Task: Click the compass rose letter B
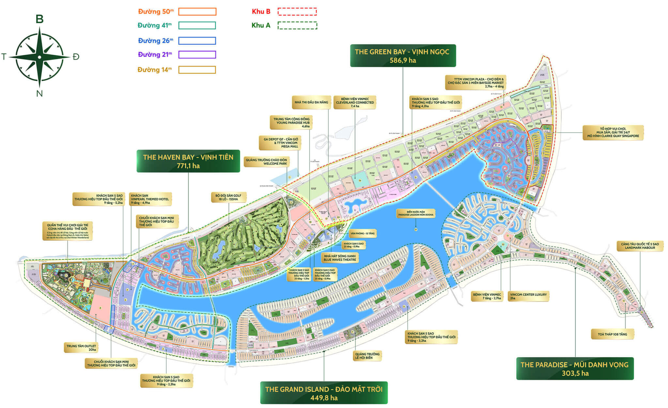[x=39, y=19]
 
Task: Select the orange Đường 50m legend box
[x=197, y=12]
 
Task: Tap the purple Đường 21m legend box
[x=197, y=54]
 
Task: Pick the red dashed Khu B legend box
[x=297, y=12]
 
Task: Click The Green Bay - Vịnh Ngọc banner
[x=402, y=56]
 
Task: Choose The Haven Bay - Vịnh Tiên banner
[x=188, y=161]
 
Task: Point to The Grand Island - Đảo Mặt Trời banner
[x=324, y=393]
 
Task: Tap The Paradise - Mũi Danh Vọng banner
[x=574, y=369]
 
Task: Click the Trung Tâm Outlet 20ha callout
[x=81, y=348]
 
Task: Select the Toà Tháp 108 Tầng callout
[x=612, y=334]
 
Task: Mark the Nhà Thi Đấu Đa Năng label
[x=311, y=102]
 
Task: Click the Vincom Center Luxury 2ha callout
[x=528, y=296]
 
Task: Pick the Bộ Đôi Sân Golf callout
[x=228, y=197]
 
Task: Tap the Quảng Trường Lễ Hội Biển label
[x=367, y=356]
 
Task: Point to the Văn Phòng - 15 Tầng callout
[x=362, y=234]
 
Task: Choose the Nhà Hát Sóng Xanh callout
[x=340, y=258]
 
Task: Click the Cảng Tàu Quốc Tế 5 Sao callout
[x=640, y=246]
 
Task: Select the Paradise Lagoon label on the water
[x=416, y=213]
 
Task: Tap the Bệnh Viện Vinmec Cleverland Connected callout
[x=355, y=102]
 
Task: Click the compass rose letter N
[x=39, y=94]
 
